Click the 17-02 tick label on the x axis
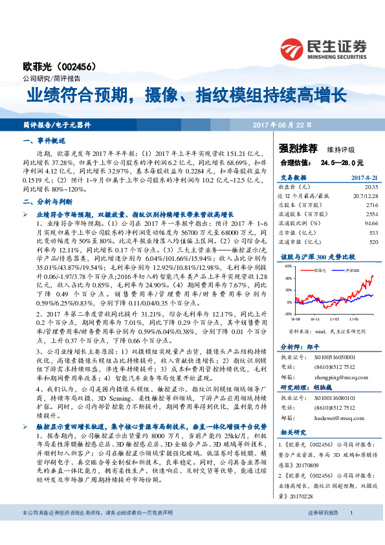[x=335, y=319]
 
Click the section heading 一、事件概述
[x=45, y=140]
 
